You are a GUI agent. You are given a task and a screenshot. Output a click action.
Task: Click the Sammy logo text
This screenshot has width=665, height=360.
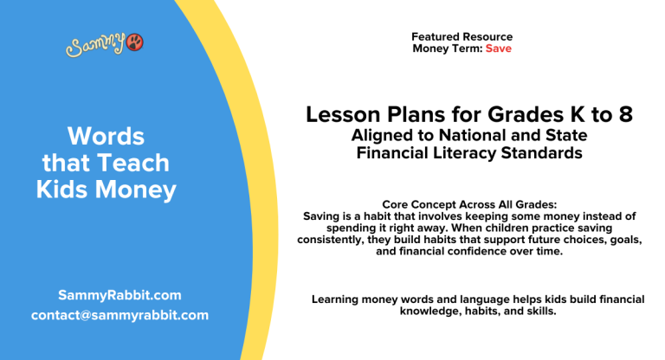(95, 45)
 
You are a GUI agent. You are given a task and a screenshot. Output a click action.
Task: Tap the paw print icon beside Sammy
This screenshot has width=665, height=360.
(135, 42)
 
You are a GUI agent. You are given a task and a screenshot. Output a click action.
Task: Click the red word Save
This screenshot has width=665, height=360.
(498, 48)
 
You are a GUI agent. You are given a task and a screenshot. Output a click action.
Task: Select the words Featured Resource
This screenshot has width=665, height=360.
(462, 37)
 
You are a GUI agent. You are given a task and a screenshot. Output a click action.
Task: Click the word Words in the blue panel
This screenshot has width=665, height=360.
(106, 136)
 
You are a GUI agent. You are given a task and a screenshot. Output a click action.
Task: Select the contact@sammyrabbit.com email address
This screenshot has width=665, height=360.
(119, 315)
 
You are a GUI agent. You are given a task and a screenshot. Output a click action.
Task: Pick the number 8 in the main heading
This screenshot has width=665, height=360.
(624, 115)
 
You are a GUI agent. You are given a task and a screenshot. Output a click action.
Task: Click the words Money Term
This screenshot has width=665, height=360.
(447, 48)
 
